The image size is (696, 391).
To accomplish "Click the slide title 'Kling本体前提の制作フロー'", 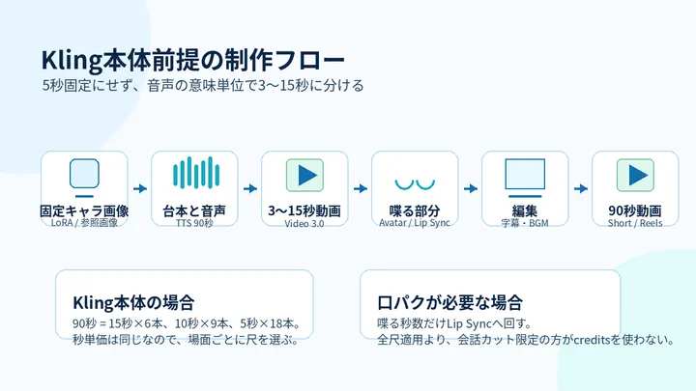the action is point(193,60).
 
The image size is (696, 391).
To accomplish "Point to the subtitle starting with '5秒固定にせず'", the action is point(203,85).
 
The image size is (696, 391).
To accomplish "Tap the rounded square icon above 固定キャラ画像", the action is point(84,174).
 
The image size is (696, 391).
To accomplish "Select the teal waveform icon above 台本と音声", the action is point(196,173).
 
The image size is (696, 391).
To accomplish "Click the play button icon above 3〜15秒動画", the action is point(304,175).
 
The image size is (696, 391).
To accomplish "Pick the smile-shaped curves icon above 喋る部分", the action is point(415,184).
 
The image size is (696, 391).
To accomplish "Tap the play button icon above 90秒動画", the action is point(635,175).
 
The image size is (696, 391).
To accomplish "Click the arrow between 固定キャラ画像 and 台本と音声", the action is point(140,188).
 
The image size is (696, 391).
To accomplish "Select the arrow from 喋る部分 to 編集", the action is point(471,188).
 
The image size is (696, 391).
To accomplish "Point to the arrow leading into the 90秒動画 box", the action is point(581,188).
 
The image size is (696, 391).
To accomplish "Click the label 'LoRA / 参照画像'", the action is point(84,223).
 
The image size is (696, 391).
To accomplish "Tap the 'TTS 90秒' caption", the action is point(194,223).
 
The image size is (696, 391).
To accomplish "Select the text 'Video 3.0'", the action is point(304,223).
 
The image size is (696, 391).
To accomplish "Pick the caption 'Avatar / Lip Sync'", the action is point(415,223).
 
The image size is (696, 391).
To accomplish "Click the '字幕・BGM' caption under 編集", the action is point(525,223).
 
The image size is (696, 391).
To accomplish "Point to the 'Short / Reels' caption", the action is point(635,223).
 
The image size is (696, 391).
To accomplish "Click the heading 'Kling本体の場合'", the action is point(133,303).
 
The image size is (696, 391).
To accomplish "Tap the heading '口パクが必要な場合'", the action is point(449,303).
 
